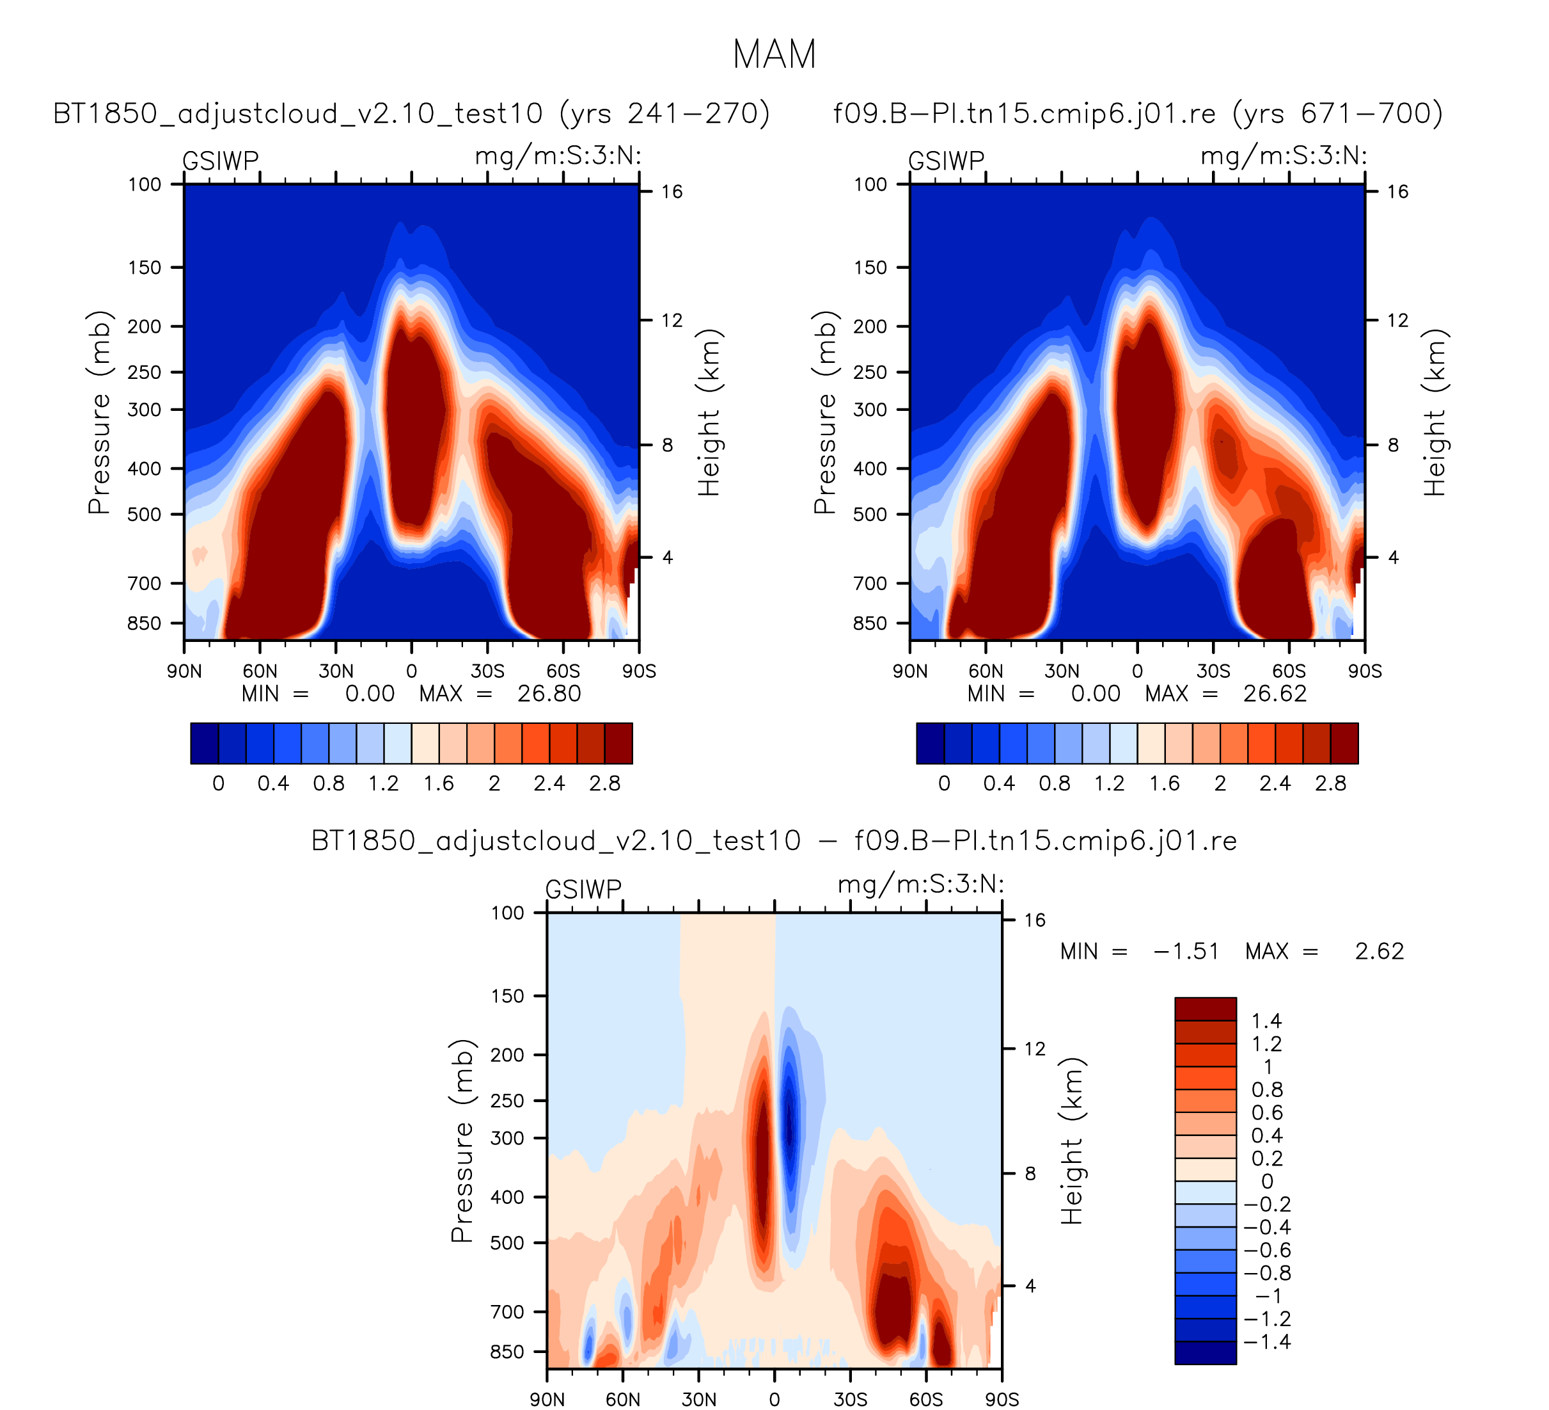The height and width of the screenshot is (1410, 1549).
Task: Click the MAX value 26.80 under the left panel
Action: pyautogui.click(x=549, y=694)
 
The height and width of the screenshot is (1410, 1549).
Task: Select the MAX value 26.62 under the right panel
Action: pyautogui.click(x=1275, y=694)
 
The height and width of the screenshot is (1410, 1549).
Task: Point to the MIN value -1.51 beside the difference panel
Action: pyautogui.click(x=1186, y=952)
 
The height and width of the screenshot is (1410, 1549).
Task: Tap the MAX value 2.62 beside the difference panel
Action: pyautogui.click(x=1379, y=952)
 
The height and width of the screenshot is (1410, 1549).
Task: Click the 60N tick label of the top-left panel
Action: pyautogui.click(x=260, y=672)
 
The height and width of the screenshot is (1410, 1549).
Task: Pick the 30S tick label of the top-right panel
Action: pyautogui.click(x=1213, y=672)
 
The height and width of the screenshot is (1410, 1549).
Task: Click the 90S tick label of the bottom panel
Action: pyautogui.click(x=1002, y=1399)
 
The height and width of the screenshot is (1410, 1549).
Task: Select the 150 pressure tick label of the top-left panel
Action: pyautogui.click(x=145, y=268)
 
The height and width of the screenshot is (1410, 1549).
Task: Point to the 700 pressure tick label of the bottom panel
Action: pyautogui.click(x=507, y=1312)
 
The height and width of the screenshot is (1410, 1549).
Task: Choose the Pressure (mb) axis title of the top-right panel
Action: pyautogui.click(x=824, y=412)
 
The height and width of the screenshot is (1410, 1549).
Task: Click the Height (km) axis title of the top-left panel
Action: pyautogui.click(x=709, y=412)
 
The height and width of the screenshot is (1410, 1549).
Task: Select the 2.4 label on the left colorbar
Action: pyautogui.click(x=549, y=784)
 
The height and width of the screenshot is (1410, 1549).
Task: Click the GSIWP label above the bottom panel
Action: pyautogui.click(x=583, y=890)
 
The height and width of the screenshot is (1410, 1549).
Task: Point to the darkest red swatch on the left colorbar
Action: pyautogui.click(x=618, y=744)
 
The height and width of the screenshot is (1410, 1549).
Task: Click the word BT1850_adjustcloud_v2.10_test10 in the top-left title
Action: pyautogui.click(x=297, y=114)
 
